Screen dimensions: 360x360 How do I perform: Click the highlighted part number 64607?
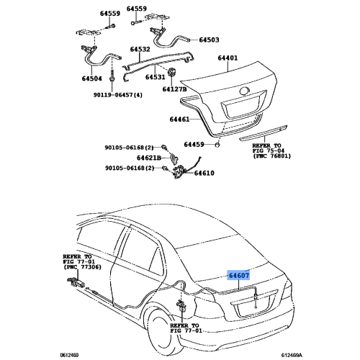[239, 275]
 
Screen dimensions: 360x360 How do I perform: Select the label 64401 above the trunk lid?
[228, 58]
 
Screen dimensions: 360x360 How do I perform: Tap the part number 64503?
[209, 40]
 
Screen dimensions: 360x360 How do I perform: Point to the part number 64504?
[92, 78]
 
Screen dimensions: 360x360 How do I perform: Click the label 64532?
[140, 49]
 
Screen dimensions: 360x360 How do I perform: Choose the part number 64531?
[156, 77]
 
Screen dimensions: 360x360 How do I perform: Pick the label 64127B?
[174, 89]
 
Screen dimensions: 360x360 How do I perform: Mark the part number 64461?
[179, 120]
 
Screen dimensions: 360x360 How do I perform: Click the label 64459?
[194, 145]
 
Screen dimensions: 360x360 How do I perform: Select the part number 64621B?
[149, 158]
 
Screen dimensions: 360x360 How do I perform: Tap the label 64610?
[204, 173]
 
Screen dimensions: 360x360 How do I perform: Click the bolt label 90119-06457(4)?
[118, 95]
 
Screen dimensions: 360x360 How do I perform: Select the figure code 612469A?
[292, 355]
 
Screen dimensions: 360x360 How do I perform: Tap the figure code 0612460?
[69, 355]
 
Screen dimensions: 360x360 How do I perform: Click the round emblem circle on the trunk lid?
[245, 91]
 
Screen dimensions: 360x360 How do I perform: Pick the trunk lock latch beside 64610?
[179, 172]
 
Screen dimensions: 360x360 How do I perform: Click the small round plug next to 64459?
[217, 145]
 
